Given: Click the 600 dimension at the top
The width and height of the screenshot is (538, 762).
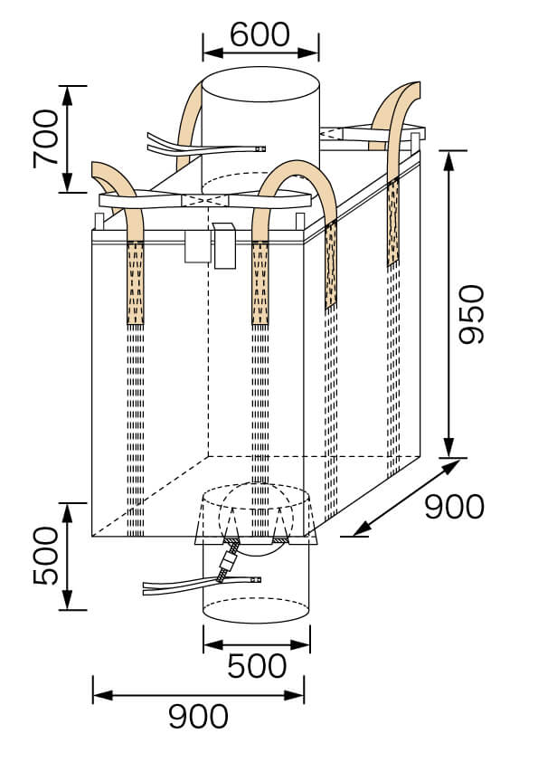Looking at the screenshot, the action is [x=260, y=34].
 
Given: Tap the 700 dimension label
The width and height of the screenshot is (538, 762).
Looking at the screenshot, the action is [x=45, y=138].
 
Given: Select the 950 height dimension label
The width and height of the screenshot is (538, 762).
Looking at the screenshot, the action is [x=472, y=314].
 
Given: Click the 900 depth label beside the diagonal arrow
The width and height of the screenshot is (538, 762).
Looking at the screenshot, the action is [x=455, y=507].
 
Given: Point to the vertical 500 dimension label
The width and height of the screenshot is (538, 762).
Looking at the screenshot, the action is [x=45, y=556].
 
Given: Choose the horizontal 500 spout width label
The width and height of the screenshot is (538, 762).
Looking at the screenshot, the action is [x=257, y=666].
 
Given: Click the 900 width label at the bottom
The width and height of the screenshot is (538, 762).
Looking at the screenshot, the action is [x=198, y=717].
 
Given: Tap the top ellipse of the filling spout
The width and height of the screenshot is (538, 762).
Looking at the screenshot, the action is [x=260, y=84].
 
